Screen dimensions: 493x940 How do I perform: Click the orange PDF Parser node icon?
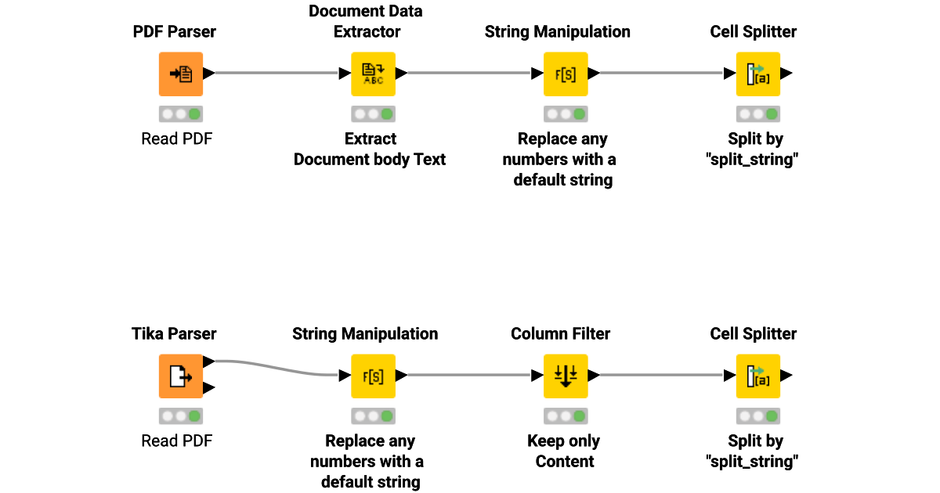(181, 74)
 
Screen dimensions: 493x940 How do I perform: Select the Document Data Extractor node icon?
(373, 74)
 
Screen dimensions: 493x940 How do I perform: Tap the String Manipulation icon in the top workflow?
(566, 74)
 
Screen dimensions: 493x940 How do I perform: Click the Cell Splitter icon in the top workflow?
(757, 74)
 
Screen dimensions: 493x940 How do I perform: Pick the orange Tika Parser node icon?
(181, 376)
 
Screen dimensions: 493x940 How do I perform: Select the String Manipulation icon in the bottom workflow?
(373, 376)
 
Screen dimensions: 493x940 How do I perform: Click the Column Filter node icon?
(566, 376)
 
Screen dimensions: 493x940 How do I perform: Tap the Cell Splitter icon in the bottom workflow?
(757, 376)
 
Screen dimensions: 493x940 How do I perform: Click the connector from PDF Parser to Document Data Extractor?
(277, 74)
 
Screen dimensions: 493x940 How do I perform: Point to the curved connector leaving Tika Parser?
(274, 368)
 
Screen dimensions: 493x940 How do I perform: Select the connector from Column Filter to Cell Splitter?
(662, 376)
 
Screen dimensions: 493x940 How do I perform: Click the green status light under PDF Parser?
(194, 114)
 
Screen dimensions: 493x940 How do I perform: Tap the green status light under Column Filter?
(579, 416)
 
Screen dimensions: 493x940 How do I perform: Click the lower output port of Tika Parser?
(208, 388)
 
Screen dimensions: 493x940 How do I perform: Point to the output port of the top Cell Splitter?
(786, 74)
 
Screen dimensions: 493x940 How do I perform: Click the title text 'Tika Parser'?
(174, 334)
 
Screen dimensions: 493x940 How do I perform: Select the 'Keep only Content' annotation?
(564, 451)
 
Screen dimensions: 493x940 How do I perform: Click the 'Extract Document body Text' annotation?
(370, 149)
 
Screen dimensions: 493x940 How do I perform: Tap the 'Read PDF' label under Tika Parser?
(177, 441)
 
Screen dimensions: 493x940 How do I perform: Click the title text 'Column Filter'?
(560, 334)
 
